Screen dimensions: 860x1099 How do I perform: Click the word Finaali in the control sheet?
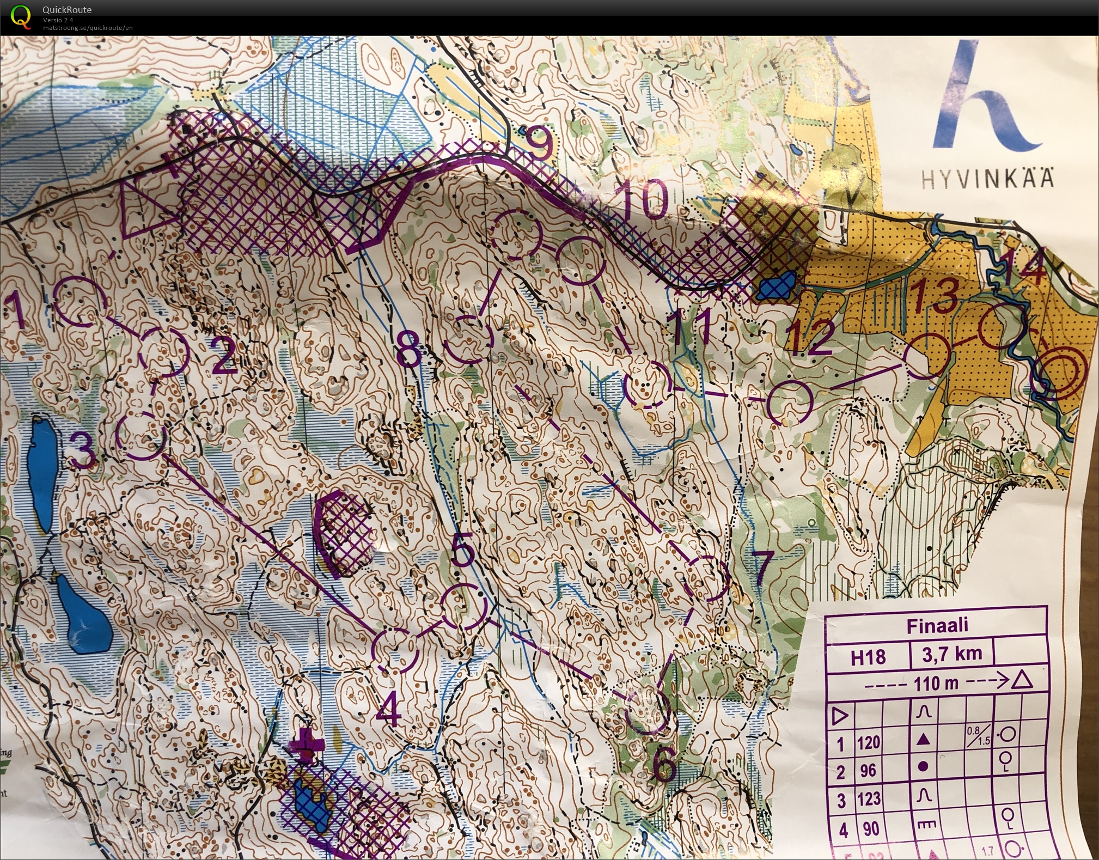[937, 625]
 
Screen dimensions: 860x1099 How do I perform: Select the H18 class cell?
[868, 657]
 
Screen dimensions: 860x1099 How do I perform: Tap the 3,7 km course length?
[951, 654]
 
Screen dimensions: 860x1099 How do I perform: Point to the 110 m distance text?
[936, 682]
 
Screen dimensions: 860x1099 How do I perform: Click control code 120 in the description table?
[869, 742]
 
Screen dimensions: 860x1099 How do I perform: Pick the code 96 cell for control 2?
[869, 771]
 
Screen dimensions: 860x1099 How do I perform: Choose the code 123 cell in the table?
[869, 799]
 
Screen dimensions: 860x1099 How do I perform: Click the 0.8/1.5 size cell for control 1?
[979, 736]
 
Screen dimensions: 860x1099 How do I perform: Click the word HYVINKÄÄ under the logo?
[987, 179]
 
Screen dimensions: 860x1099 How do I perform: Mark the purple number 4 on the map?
[389, 710]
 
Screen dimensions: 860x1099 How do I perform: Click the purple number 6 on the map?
[663, 766]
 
